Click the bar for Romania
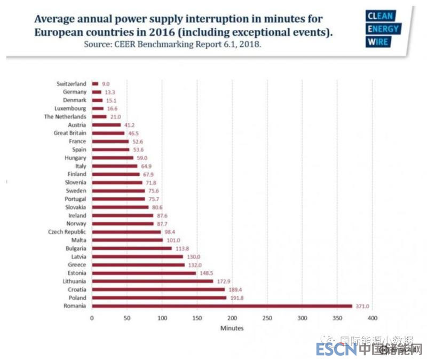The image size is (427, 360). coord(222,306)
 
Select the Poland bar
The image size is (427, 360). coord(159,298)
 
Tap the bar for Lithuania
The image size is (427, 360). coord(152,281)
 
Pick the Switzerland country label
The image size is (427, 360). coord(72,84)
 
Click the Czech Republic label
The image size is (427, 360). coord(67,232)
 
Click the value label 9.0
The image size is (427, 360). coord(106,84)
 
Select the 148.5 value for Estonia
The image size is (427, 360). coord(205,273)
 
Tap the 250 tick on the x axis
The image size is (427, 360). coord(267,318)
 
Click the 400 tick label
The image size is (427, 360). coord(373,318)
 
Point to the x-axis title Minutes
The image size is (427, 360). coord(232,328)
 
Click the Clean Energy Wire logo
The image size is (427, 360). coord(383,29)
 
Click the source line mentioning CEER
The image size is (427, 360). coord(172,44)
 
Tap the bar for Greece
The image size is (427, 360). coord(138,264)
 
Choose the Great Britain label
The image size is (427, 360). coord(70,133)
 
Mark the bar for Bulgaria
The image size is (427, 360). coord(132,248)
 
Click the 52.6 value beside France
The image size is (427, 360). coord(138,142)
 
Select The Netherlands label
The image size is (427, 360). coord(65,116)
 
